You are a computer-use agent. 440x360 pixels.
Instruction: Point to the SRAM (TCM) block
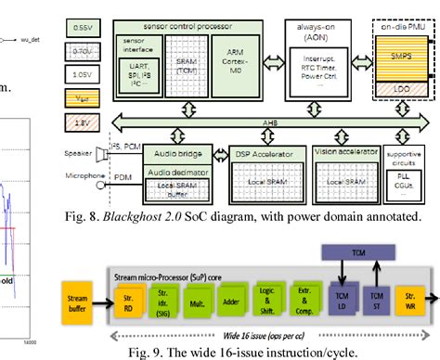tap(188, 66)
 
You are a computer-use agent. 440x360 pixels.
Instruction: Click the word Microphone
tap(84, 174)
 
